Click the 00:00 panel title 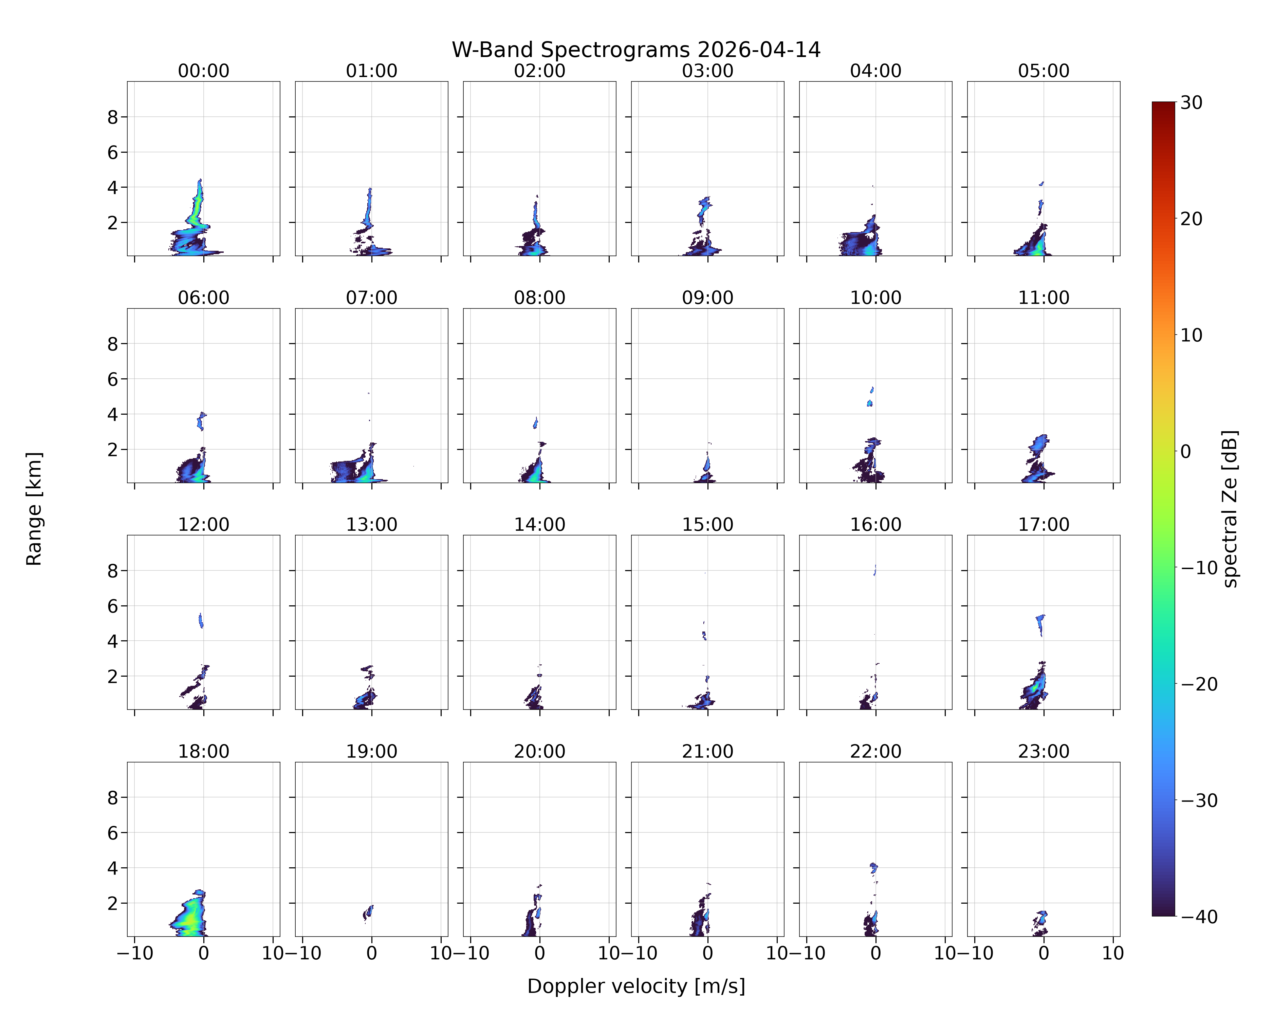[204, 71]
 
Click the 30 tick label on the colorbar [1192, 103]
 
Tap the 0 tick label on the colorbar [1186, 451]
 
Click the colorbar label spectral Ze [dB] [1229, 509]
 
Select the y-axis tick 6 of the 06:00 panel [113, 379]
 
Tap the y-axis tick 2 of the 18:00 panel [113, 903]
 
